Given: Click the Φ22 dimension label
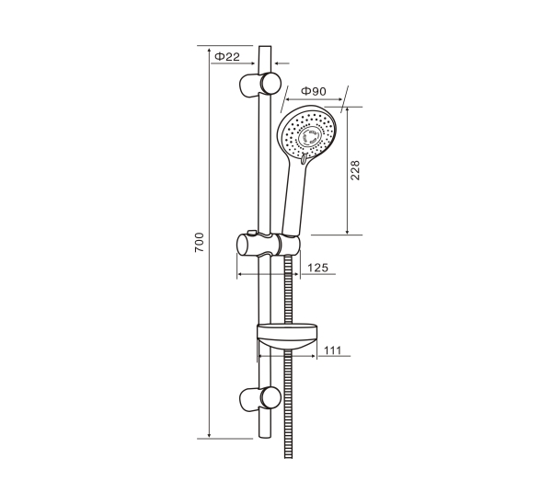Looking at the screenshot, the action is coord(227,56).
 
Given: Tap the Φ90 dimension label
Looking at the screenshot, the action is coord(314,91).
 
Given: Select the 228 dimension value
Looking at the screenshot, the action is coord(355,170).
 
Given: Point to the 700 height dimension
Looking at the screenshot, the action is coord(200,242).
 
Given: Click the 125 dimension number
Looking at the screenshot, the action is coord(318,268).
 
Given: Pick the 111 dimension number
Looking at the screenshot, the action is coord(332,350).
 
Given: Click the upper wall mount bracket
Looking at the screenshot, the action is coord(260,84).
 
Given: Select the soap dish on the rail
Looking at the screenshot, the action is coord(287,337).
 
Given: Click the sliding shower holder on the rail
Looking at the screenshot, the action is coord(269,245).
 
